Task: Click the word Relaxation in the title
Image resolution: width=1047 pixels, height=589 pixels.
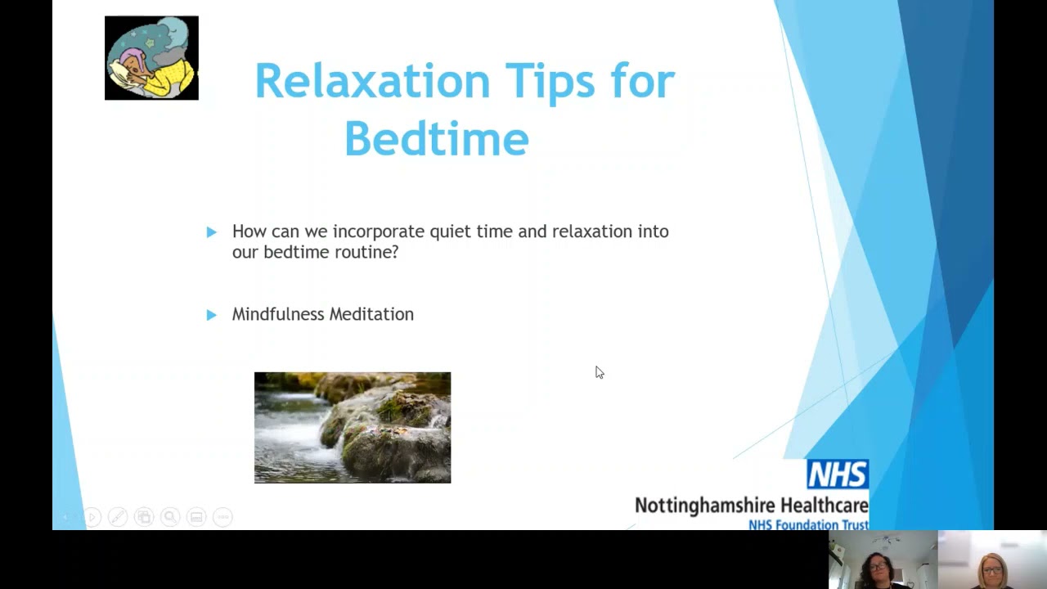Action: pos(372,81)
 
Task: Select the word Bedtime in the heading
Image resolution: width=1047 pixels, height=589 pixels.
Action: pos(436,138)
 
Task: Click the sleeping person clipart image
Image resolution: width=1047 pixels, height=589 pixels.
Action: pos(151,58)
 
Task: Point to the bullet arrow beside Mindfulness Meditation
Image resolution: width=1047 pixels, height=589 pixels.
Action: pos(212,315)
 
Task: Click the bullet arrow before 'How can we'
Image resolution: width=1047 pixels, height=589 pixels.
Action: pos(212,232)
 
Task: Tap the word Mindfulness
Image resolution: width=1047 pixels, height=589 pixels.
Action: pos(278,314)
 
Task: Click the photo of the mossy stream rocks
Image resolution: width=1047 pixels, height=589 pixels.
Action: pos(353,428)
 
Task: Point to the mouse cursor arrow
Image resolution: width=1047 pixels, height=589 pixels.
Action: pos(599,372)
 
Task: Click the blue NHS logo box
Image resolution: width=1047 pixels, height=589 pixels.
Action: pos(837,474)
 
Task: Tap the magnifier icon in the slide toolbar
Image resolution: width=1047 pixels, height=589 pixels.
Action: pos(170,517)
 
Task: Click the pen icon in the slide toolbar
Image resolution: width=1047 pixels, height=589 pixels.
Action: pos(118,517)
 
